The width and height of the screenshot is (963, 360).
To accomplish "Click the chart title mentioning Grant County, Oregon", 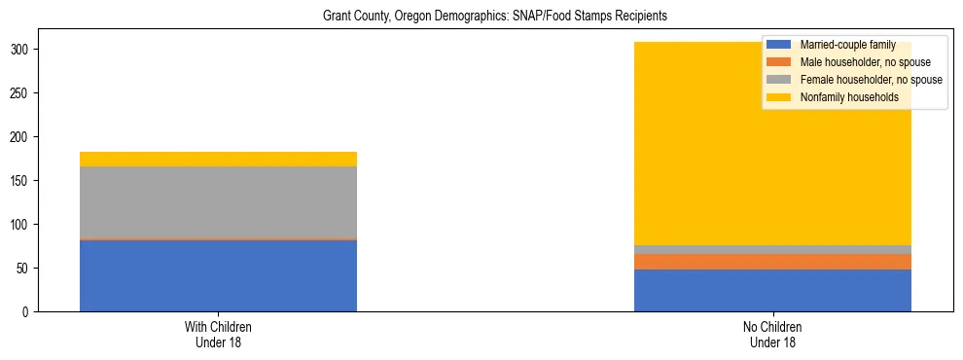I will coord(481,17).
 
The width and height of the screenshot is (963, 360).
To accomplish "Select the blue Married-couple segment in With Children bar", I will coord(218,275).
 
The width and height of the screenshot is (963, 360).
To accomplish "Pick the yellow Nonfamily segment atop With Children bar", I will coord(218,159).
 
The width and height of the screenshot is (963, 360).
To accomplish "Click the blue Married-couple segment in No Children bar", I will coord(772,290).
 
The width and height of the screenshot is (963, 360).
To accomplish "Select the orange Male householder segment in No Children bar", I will coord(772,262).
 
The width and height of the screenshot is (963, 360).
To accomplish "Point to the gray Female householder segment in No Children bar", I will coord(772,249).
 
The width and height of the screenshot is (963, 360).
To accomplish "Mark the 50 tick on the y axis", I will coord(25,269).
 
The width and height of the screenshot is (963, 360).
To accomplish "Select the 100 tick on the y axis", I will coord(22,225).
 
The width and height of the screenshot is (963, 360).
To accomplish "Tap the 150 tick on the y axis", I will coord(22,181).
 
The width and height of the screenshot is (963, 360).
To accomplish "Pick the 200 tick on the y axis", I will coord(22,137).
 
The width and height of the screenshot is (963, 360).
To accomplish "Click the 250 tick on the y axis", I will coord(22,93).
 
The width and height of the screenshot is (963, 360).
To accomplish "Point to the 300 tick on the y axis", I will coord(22,50).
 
